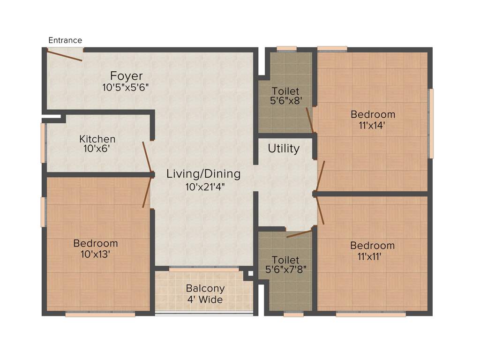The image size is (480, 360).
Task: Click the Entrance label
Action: (65, 40)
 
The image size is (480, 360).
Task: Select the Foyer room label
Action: (126, 75)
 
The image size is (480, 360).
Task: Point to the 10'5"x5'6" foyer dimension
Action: (126, 87)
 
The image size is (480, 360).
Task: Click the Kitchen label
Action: (97, 139)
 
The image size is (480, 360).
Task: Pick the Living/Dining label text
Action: (203, 174)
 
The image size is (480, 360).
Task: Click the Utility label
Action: (284, 149)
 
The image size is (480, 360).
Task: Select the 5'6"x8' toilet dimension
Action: (285, 100)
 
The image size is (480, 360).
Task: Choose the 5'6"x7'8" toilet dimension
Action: (285, 270)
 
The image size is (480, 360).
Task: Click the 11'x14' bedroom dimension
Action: (373, 125)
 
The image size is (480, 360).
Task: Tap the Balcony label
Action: (205, 288)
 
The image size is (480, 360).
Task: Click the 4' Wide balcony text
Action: (205, 300)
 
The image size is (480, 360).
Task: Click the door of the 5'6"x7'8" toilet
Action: (299, 233)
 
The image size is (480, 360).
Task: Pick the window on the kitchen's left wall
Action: (43, 142)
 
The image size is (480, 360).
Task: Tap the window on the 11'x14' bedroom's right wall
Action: (431, 123)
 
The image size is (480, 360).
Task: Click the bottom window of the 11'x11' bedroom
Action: (370, 315)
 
